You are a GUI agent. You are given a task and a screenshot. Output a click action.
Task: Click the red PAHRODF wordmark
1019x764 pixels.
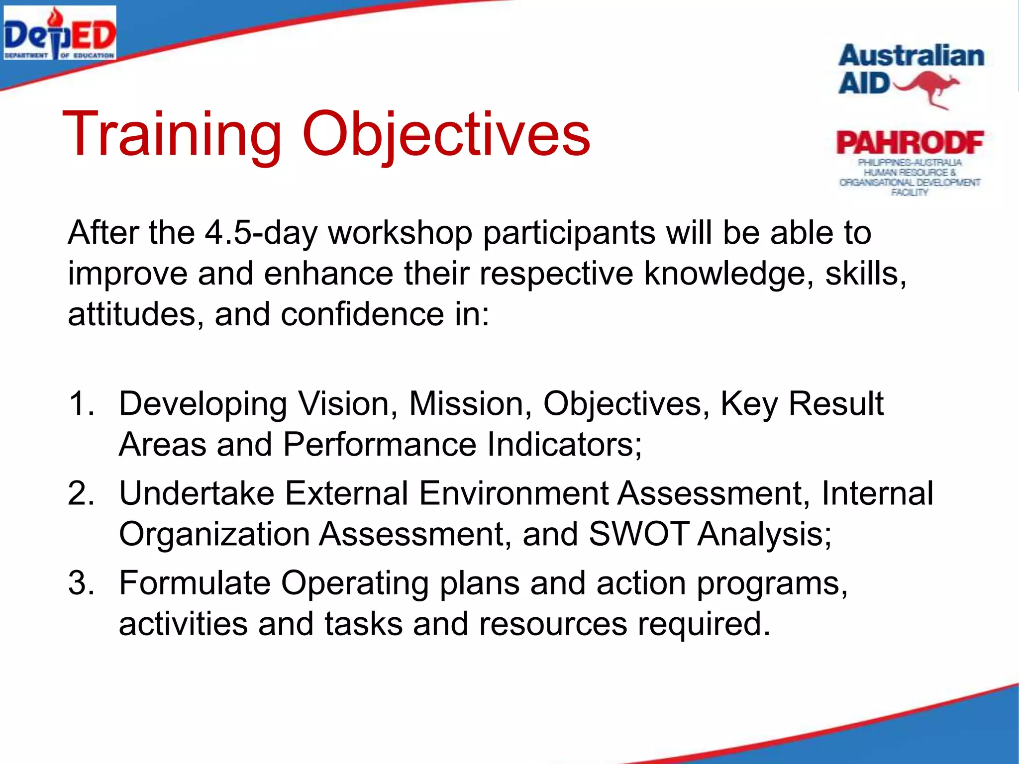tap(910, 143)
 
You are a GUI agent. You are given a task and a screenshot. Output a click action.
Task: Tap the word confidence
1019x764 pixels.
tap(362, 314)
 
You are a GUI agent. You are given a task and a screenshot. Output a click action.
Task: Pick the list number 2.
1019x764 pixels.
tap(81, 493)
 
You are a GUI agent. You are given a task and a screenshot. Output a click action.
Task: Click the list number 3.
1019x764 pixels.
tap(81, 583)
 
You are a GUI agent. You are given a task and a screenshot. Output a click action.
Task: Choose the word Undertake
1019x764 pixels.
tap(197, 493)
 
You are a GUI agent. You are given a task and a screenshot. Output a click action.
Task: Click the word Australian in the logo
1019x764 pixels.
tap(911, 56)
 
